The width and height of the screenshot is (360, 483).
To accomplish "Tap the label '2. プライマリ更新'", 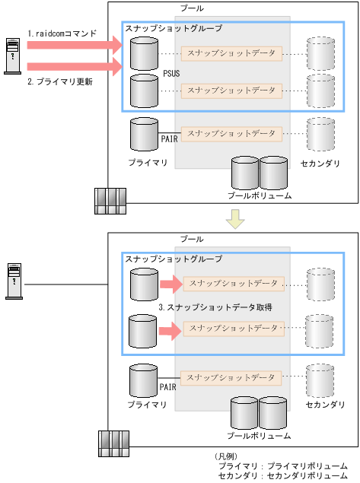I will pyautogui.click(x=60, y=81).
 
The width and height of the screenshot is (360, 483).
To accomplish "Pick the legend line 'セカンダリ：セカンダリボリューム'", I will pyautogui.click(x=282, y=475).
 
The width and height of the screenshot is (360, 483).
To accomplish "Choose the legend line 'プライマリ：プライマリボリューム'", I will pyautogui.click(x=282, y=465).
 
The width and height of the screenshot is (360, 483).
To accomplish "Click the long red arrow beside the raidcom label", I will pyautogui.click(x=75, y=46).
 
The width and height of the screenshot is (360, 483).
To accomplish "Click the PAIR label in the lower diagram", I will pyautogui.click(x=169, y=386).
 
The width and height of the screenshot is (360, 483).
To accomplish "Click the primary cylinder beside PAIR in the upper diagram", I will pyautogui.click(x=143, y=135).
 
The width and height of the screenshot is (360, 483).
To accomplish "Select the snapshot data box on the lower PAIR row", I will pyautogui.click(x=232, y=377).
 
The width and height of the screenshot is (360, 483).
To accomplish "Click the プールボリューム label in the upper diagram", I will pyautogui.click(x=259, y=195).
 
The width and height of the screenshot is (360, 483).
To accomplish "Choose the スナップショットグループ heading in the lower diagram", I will pyautogui.click(x=174, y=259).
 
